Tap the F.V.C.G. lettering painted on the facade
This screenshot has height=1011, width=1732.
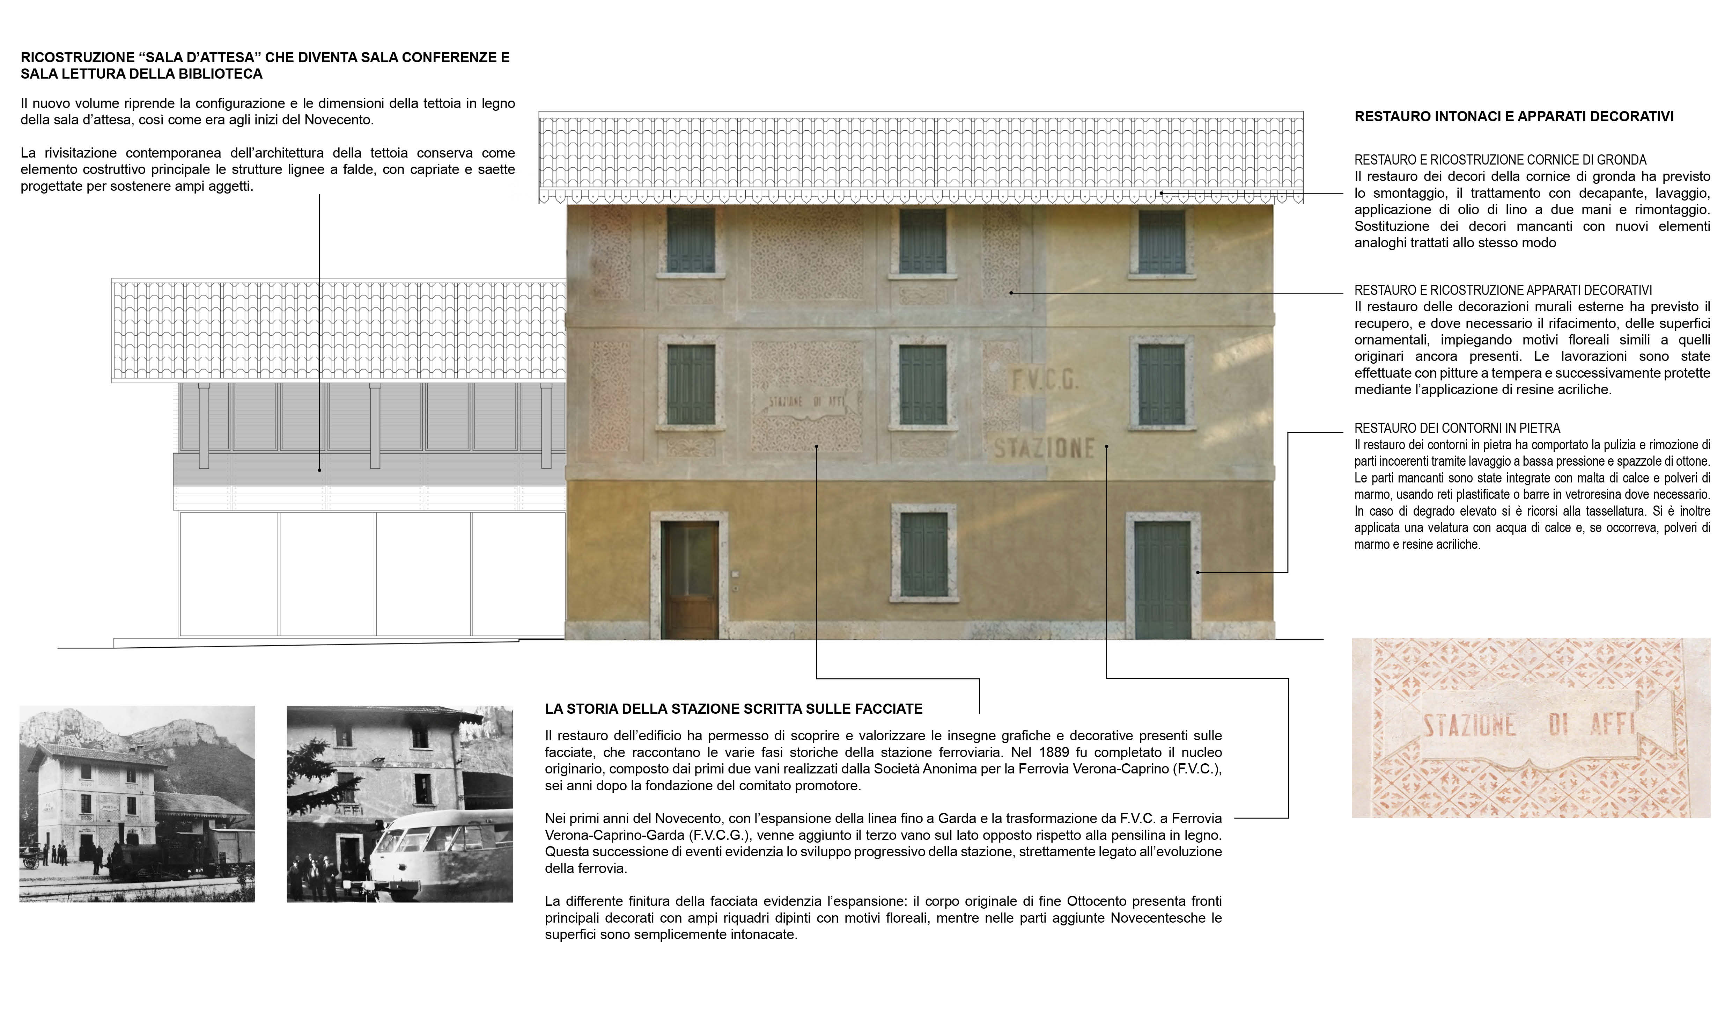click(x=1045, y=380)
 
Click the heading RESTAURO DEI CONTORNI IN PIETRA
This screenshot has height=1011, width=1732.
click(x=1457, y=428)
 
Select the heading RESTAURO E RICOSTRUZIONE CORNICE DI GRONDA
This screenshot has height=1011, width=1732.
click(x=1501, y=160)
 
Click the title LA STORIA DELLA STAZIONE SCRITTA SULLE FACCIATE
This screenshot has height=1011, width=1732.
click(x=734, y=708)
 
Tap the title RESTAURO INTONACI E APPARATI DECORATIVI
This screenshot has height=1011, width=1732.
click(x=1513, y=116)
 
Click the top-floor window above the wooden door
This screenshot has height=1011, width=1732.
click(x=691, y=241)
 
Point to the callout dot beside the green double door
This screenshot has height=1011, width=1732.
click(x=1197, y=572)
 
